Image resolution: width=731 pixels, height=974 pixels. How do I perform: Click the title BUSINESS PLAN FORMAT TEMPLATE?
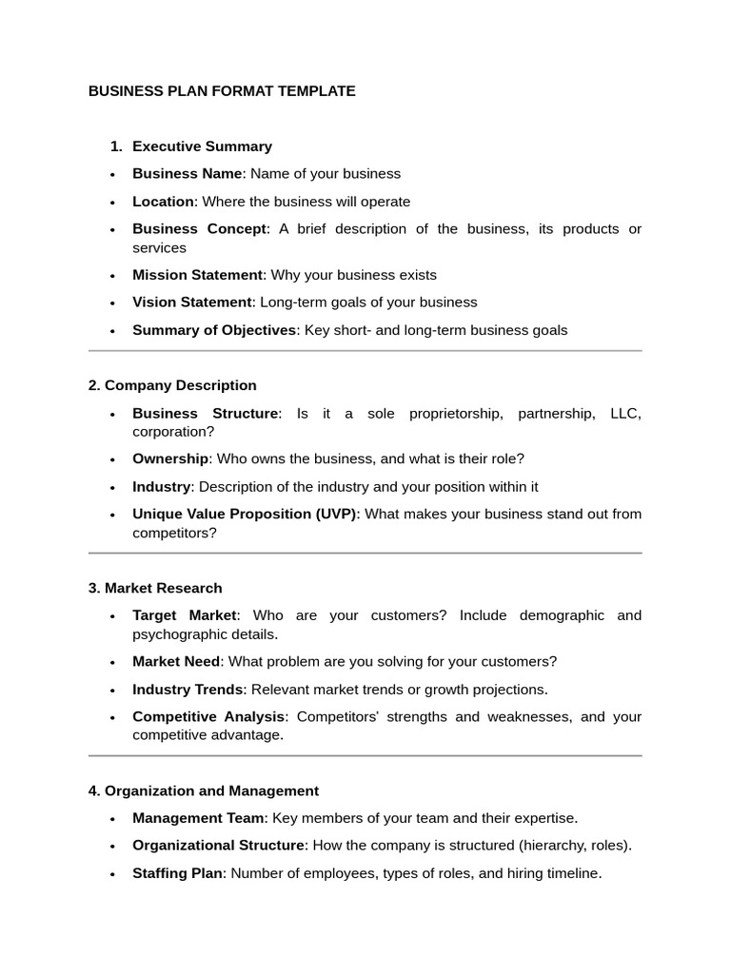coord(222,91)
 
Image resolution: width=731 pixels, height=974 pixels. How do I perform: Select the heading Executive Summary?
coord(202,146)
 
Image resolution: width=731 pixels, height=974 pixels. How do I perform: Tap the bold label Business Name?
coord(188,174)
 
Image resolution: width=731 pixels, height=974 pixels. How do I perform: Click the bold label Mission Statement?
coord(197,275)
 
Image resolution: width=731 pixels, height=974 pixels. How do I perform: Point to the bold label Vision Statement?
coord(192,302)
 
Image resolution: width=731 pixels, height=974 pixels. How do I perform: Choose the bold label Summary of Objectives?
coord(214,330)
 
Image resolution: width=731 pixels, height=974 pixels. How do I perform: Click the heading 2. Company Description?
coord(172,385)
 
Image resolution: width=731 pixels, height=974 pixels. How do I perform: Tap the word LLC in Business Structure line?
coord(623,413)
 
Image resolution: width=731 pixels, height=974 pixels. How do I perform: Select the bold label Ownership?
coord(170,458)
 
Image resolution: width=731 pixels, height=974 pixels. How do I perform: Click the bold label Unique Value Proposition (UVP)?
coord(245,514)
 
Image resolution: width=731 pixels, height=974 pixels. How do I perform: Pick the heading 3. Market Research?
coord(155,588)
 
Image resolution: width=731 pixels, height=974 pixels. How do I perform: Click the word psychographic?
coord(178,634)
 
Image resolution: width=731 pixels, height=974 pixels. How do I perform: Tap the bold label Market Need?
coord(176,661)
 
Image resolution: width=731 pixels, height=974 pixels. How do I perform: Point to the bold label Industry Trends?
coord(188,689)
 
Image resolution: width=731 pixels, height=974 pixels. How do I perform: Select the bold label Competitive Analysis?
coord(208,716)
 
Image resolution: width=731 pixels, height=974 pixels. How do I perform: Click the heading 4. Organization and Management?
coord(204,790)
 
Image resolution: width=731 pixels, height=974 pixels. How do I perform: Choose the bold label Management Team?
coord(198,818)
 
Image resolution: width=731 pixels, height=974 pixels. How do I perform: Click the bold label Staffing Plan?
coord(177,873)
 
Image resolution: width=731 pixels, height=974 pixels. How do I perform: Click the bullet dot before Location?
coord(112,203)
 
